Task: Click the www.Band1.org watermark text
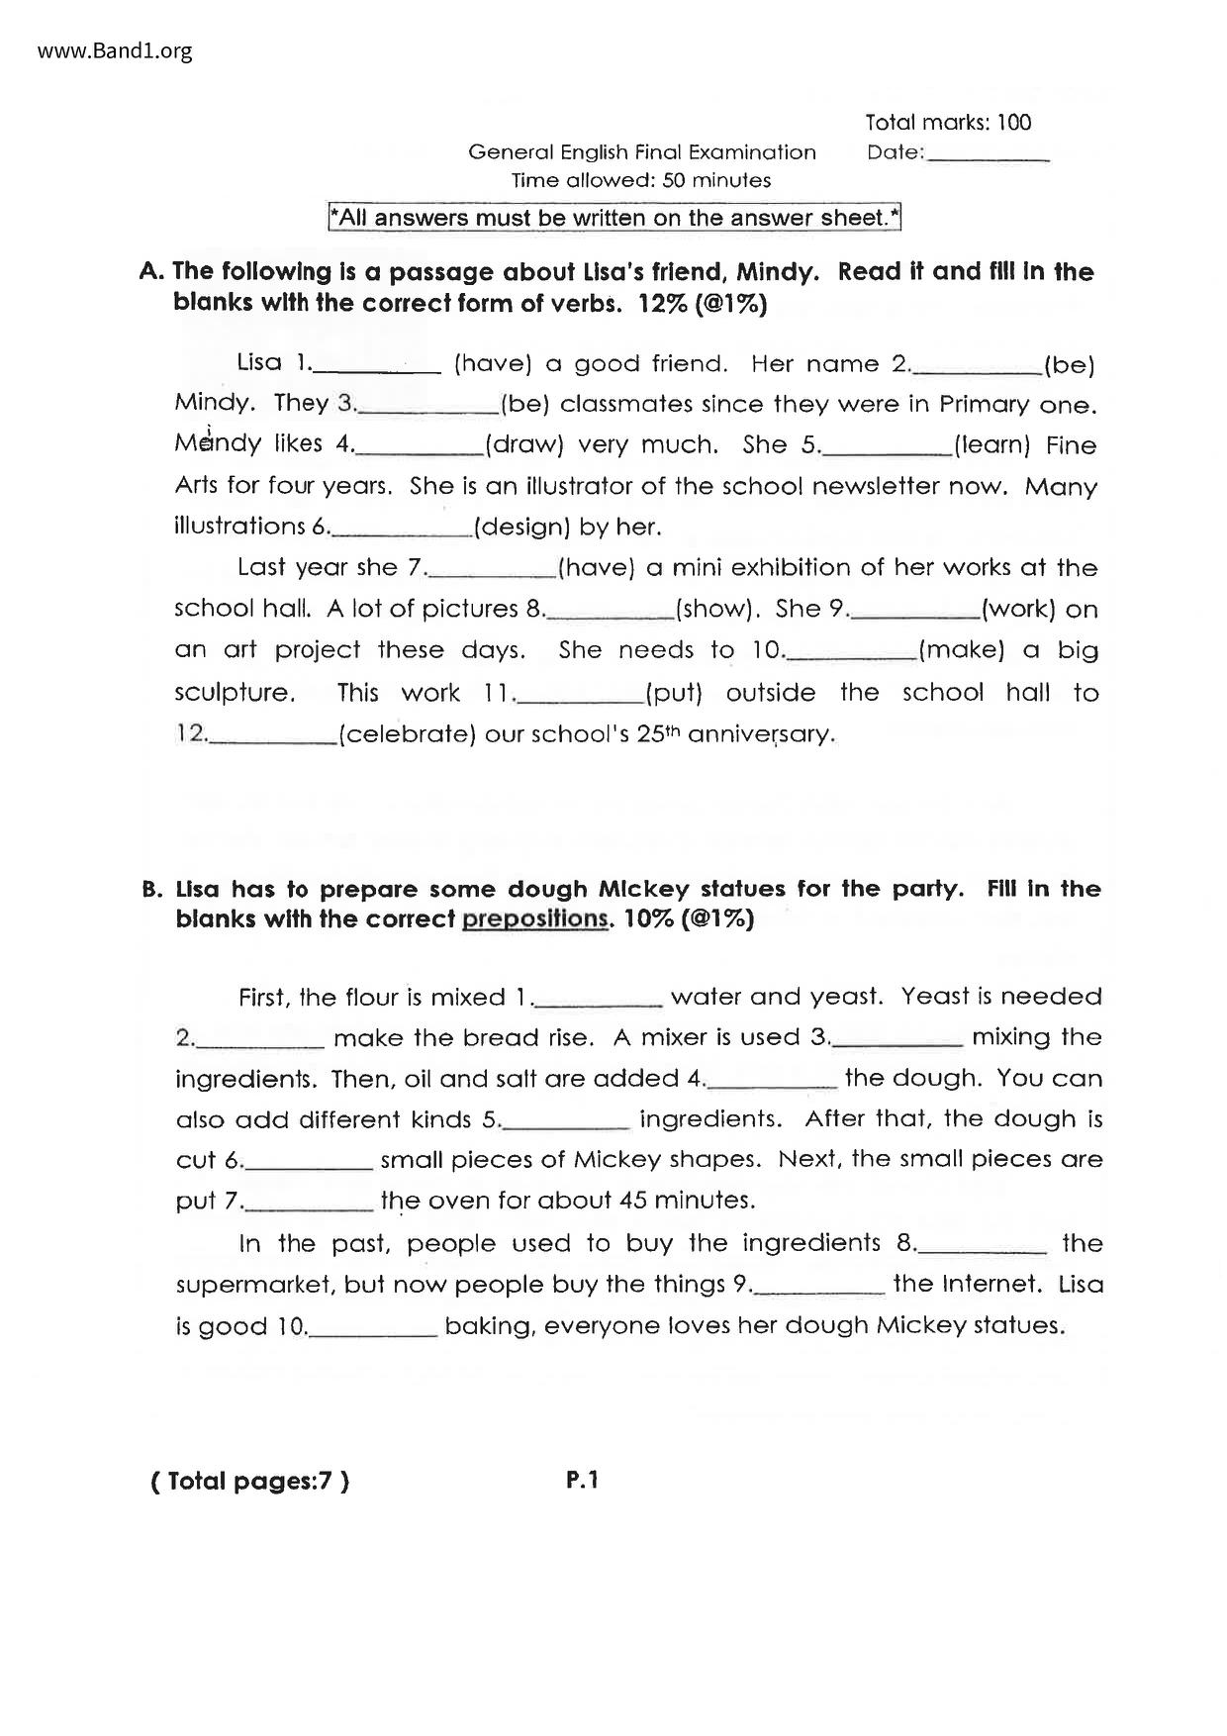115,50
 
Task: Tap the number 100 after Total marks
1013,123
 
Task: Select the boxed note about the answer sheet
614,218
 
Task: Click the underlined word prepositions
535,919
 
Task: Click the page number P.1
583,1481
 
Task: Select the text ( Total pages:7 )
249,1482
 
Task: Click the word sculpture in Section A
235,693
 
